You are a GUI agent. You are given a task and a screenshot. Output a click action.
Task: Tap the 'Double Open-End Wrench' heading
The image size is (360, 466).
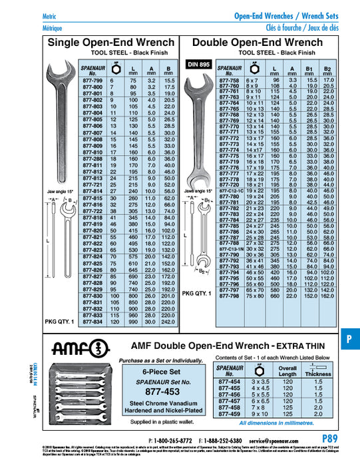262,43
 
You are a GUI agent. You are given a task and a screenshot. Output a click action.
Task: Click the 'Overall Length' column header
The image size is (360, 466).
287,371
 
